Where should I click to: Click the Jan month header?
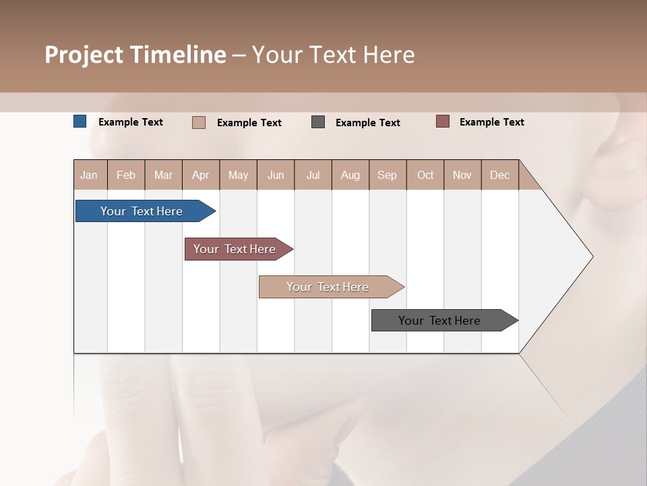(90, 175)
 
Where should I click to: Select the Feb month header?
(126, 175)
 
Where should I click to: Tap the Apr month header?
(201, 175)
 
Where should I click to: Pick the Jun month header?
(276, 175)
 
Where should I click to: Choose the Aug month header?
(350, 175)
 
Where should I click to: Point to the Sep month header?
(388, 175)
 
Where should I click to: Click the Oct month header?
(425, 175)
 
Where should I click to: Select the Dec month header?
(500, 175)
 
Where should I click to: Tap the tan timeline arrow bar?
(329, 287)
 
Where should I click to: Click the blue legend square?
(80, 122)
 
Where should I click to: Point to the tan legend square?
(199, 122)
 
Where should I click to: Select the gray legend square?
(318, 122)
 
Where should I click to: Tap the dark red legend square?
(443, 122)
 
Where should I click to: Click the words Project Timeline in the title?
(135, 55)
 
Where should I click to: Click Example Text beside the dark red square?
(492, 122)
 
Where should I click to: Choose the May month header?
(238, 175)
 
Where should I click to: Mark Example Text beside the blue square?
(131, 122)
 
